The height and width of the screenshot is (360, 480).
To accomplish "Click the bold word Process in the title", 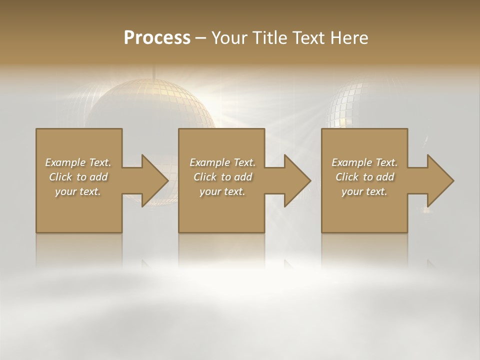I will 157,38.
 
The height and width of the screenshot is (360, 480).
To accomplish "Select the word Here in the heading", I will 348,38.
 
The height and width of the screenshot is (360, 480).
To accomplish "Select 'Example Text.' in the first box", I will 78,162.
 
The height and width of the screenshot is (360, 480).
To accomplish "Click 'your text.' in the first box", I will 78,191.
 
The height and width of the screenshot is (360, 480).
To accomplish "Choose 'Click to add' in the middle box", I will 222,177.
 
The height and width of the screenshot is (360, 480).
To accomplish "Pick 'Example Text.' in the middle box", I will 222,162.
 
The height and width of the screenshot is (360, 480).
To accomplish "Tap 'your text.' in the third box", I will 364,191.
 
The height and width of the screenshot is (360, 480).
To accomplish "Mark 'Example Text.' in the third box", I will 364,162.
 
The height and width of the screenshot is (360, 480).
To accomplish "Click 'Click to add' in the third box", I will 364,177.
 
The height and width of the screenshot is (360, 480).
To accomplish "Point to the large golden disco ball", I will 150,105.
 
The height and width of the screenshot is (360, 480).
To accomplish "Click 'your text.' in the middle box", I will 222,191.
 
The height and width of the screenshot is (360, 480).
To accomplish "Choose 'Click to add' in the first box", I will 78,177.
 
